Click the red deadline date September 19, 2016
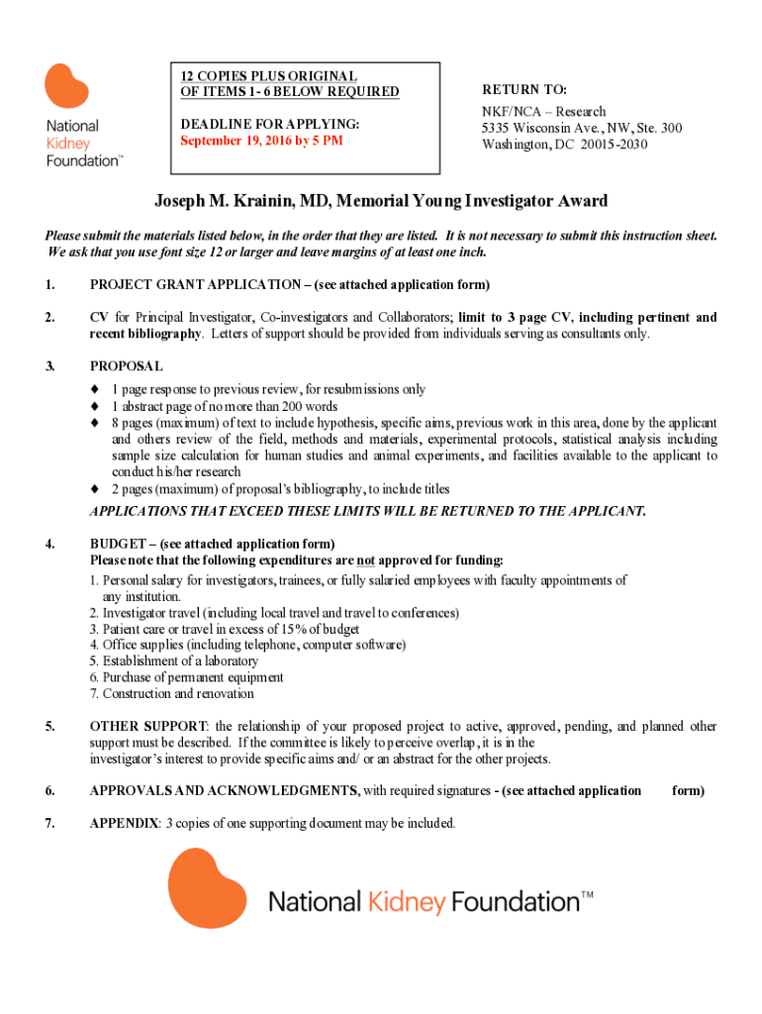260,141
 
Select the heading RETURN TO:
524,89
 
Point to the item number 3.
49,366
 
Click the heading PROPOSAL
126,366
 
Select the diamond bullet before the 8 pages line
95,423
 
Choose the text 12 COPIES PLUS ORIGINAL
268,76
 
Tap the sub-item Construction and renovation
174,693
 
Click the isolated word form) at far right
688,790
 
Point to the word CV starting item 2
99,318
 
